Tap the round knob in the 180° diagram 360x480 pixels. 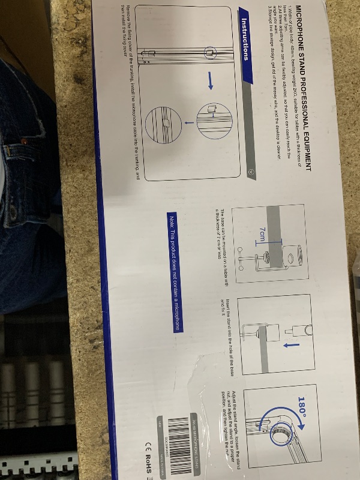[281, 435]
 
